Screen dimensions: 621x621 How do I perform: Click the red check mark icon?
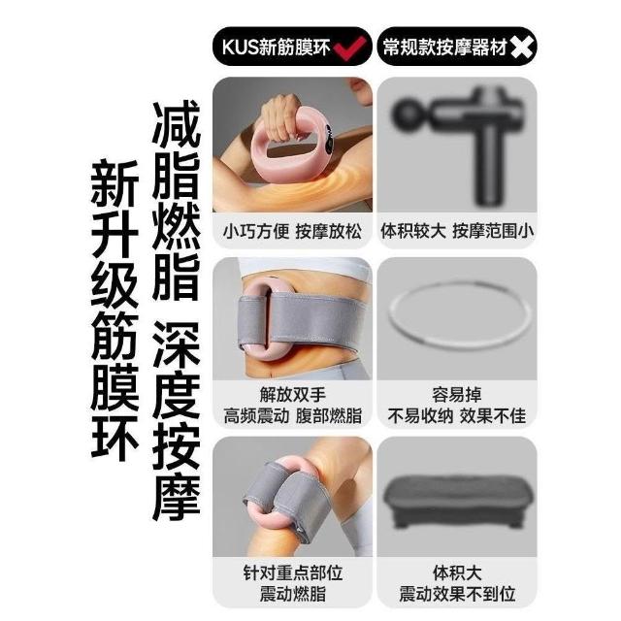pos(349,48)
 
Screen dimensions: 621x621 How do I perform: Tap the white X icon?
pos(521,48)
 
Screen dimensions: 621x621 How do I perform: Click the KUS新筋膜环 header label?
pos(276,48)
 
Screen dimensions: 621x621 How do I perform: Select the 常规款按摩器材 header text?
pos(445,48)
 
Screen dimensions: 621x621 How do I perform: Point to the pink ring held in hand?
pos(292,158)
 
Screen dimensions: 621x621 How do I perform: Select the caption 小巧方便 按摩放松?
pos(292,232)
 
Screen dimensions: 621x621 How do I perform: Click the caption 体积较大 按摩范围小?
pos(457,231)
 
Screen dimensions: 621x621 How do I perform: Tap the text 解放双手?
pos(293,395)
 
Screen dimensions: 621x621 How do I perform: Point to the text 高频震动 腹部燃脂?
pos(293,416)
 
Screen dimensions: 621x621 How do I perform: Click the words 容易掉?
pos(457,395)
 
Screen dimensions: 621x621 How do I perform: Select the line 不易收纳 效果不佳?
pos(457,416)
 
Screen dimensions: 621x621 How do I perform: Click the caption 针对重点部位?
pos(293,573)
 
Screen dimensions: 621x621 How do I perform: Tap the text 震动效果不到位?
pos(457,595)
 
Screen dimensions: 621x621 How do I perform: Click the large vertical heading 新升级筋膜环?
pos(114,310)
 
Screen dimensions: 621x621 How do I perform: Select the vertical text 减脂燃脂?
pos(176,200)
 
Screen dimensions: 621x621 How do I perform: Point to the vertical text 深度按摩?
pos(177,420)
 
